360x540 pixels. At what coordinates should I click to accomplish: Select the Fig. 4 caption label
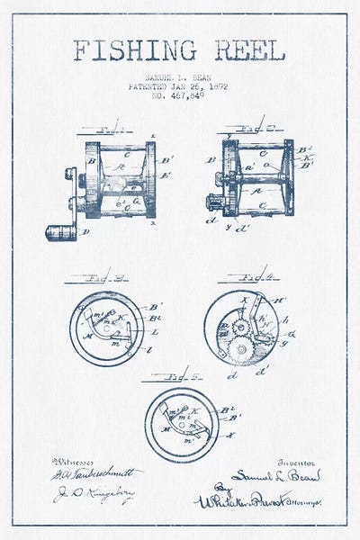pos(238,278)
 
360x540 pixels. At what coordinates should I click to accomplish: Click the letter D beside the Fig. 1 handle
pos(85,232)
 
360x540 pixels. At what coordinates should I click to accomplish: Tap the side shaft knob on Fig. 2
pos(212,199)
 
